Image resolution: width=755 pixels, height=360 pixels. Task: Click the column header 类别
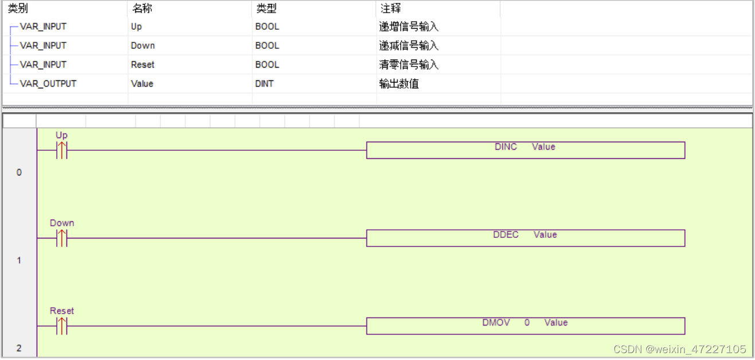[18, 9]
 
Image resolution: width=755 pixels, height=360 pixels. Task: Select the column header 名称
[142, 9]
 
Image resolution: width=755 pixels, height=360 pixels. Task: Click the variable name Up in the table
[136, 26]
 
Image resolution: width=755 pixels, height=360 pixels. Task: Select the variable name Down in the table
[143, 45]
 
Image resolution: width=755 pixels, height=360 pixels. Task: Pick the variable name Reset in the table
[143, 65]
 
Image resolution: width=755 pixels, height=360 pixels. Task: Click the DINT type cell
[264, 84]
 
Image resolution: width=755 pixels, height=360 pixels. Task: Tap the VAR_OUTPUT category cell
[48, 84]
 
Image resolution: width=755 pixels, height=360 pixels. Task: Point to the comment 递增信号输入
[409, 26]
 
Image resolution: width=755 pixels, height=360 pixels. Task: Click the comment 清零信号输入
[409, 65]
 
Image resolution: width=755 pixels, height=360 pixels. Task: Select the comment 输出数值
[399, 84]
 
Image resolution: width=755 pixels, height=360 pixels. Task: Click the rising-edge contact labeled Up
[61, 150]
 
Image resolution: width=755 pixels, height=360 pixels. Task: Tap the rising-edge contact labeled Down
[61, 238]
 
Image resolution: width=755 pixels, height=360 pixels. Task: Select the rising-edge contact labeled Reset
[61, 326]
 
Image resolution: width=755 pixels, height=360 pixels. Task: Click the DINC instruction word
[506, 147]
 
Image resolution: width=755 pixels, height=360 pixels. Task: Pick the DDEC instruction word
[506, 234]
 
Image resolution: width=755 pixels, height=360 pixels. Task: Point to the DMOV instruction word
[496, 323]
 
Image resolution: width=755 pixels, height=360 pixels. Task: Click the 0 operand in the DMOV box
[527, 323]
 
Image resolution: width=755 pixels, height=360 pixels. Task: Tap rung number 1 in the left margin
[19, 260]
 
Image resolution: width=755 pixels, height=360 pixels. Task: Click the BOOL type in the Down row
[267, 45]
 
